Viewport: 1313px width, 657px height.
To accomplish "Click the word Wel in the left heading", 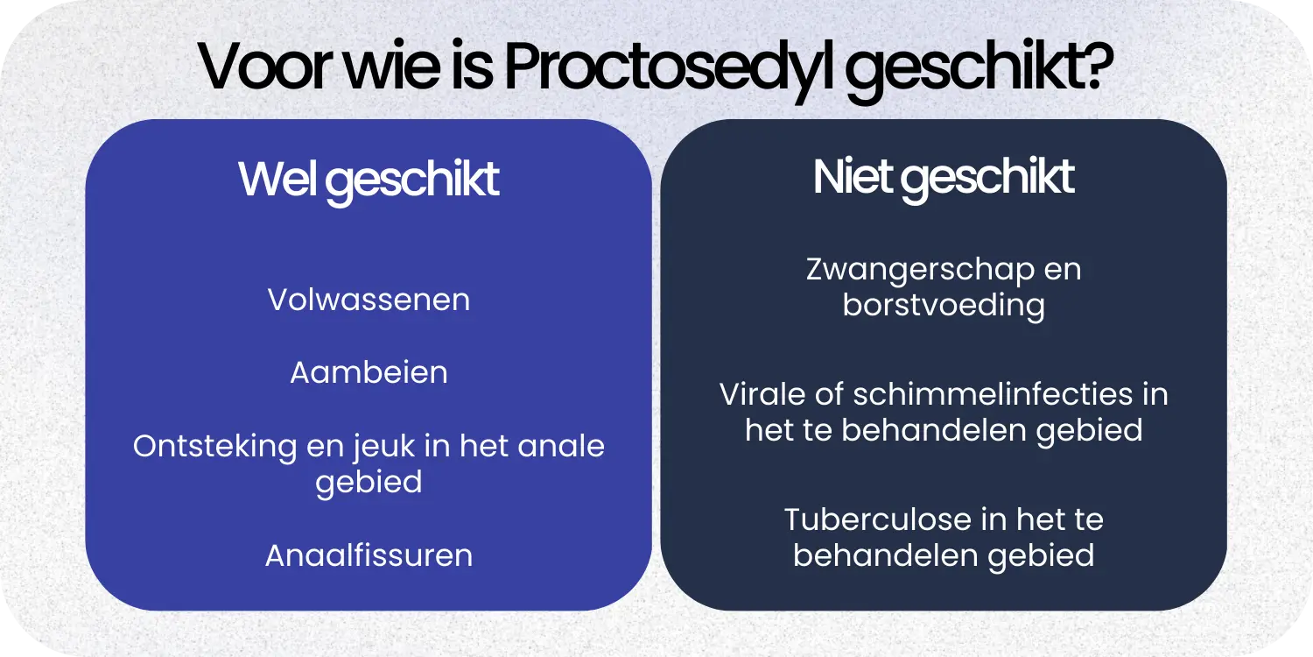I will click(278, 180).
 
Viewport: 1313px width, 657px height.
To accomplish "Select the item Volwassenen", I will click(369, 300).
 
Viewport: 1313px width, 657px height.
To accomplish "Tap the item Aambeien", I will click(369, 373).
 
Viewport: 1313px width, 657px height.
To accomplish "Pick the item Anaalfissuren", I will click(369, 555).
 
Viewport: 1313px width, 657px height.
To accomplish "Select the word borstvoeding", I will click(944, 307).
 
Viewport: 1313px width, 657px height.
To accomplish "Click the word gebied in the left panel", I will click(369, 484).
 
